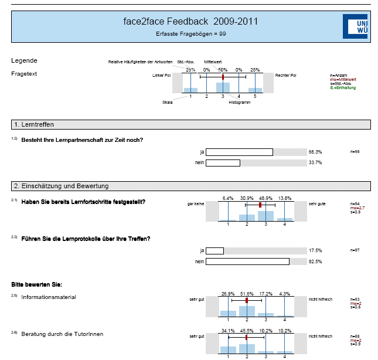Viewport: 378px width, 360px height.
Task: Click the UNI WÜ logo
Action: [355, 26]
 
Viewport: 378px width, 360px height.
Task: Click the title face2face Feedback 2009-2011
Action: [190, 22]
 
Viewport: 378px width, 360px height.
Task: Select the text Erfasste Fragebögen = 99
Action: [190, 34]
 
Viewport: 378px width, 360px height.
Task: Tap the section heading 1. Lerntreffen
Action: [33, 124]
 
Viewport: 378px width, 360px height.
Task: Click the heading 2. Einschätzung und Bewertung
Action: [61, 186]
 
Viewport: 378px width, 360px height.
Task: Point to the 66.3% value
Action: [315, 152]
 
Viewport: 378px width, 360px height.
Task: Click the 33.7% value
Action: [315, 162]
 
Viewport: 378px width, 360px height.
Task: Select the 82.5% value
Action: [315, 261]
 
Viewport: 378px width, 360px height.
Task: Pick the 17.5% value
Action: [315, 251]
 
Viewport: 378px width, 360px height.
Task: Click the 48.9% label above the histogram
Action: [266, 198]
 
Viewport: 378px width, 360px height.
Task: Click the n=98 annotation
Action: [354, 152]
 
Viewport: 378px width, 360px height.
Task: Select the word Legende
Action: [25, 60]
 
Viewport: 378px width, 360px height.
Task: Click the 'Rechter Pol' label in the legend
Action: [285, 76]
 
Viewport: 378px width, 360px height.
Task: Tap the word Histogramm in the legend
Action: [239, 103]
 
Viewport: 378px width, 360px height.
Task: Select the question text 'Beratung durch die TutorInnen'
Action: [62, 334]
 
